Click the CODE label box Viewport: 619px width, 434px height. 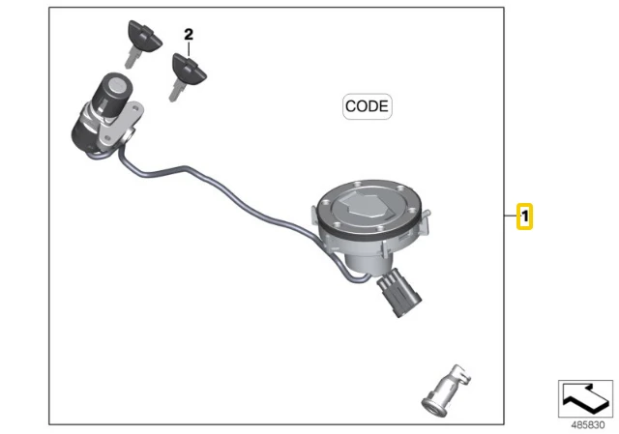pyautogui.click(x=368, y=106)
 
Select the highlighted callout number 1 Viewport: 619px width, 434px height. pyautogui.click(x=524, y=217)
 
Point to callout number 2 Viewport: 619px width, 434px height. pyautogui.click(x=189, y=35)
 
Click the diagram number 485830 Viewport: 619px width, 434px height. pyautogui.click(x=588, y=425)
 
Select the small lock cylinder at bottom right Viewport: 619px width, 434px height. pyautogui.click(x=446, y=391)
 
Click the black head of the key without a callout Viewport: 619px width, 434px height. pyautogui.click(x=144, y=36)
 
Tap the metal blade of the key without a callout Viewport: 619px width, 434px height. pyautogui.click(x=132, y=58)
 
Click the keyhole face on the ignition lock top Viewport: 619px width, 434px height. pyautogui.click(x=118, y=84)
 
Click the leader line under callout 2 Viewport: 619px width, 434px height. pyautogui.click(x=189, y=48)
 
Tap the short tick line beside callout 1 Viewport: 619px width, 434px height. pyautogui.click(x=511, y=216)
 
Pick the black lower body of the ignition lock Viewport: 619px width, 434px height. pyautogui.click(x=84, y=133)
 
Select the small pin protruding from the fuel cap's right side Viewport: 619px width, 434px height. pyautogui.click(x=427, y=214)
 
